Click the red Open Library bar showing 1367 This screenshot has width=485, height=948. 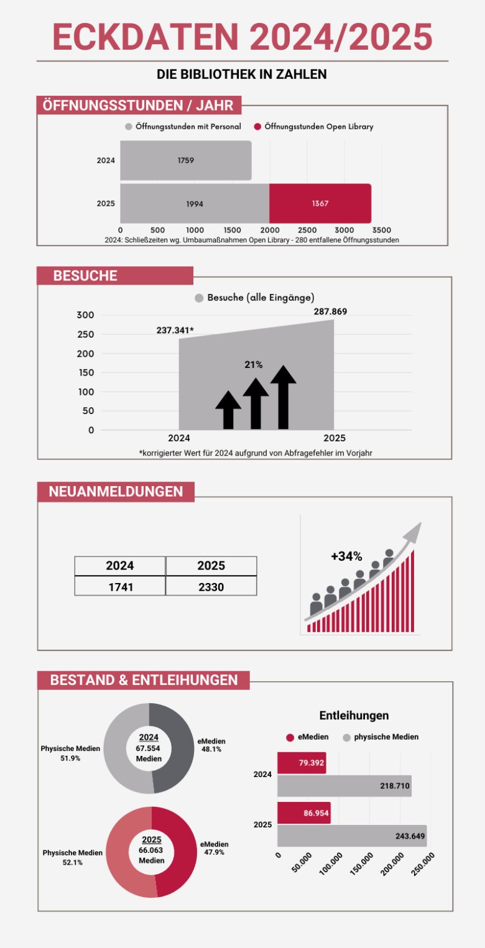tap(320, 203)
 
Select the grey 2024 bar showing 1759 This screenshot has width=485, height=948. tap(185, 160)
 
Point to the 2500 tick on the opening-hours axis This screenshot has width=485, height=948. tap(307, 229)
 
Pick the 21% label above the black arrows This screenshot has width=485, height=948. tap(254, 365)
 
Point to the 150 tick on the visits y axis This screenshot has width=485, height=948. tap(86, 373)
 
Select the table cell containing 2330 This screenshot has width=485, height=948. tap(211, 586)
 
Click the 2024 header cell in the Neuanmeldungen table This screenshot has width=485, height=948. tap(120, 566)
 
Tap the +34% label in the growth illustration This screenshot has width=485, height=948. tap(346, 556)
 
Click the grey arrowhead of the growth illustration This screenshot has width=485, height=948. tap(412, 532)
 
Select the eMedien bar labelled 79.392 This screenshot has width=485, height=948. tap(301, 763)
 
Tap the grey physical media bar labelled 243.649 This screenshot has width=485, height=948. tap(351, 835)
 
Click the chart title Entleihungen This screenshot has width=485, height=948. tap(354, 716)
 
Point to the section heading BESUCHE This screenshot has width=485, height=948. tap(85, 276)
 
